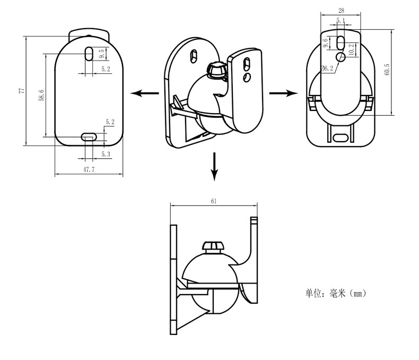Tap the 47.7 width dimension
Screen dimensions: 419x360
coord(89,170)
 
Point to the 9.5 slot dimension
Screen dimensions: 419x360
coord(101,54)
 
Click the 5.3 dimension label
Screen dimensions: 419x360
coord(106,154)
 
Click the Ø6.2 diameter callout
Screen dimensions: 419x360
coord(327,68)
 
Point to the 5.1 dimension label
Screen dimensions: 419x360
coord(340,21)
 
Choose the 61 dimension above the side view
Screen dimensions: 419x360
coord(213,201)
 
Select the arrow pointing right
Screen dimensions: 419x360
coord(283,93)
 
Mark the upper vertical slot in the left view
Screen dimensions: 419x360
coord(89,54)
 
